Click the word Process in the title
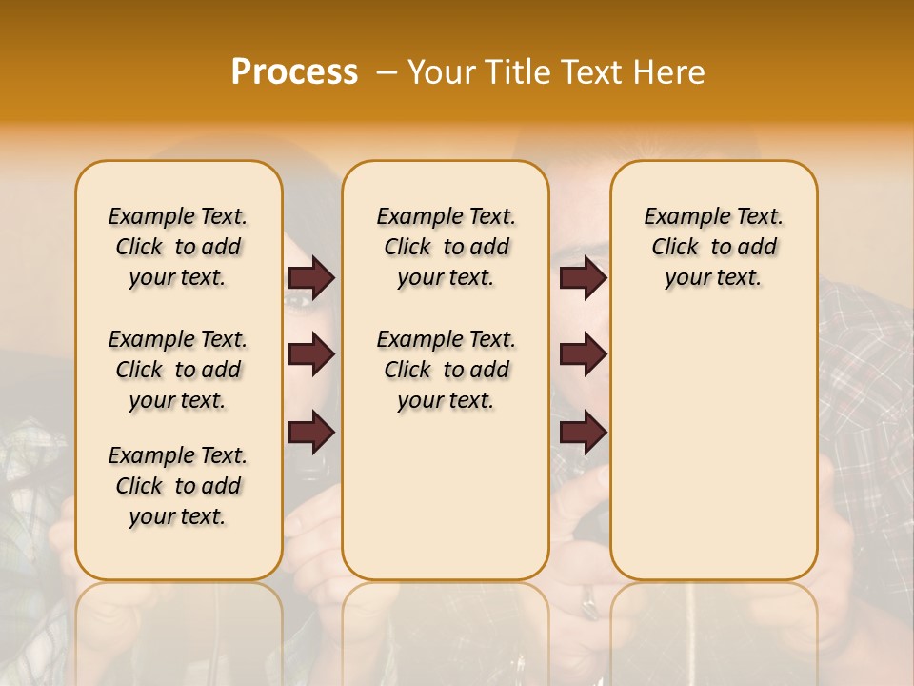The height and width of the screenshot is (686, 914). (294, 72)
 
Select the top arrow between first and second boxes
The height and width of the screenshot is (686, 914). (311, 278)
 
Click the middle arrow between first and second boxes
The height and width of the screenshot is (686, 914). (311, 355)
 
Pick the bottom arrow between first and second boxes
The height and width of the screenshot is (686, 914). (311, 432)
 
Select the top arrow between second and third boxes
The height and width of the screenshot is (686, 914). (583, 278)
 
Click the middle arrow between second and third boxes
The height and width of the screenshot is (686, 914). (583, 355)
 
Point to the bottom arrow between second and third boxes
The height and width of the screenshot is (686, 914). (583, 432)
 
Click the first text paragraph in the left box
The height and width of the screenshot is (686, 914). (178, 247)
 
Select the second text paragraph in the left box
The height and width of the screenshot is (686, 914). (178, 370)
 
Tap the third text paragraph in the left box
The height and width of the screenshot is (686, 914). (178, 486)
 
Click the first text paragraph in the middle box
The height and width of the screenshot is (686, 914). (447, 247)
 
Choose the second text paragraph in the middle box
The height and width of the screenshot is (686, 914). (447, 370)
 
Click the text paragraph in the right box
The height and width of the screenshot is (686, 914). (714, 247)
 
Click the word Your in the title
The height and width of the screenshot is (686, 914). (442, 72)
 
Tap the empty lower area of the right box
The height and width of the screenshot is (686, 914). (714, 448)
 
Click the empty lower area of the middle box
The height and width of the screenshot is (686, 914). (446, 495)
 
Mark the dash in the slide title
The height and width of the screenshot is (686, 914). (386, 72)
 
